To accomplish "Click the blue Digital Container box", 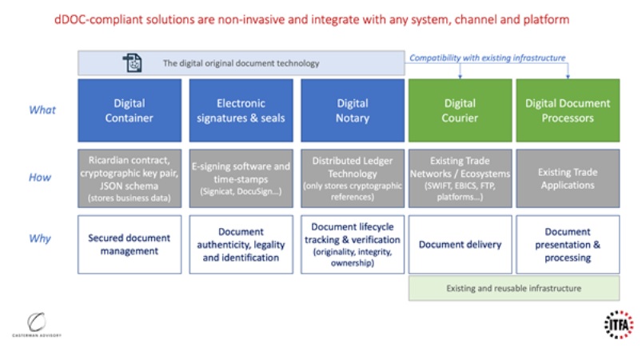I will point(130,110).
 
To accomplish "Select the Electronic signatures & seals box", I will point(241,110).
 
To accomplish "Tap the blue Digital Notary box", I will point(352,110).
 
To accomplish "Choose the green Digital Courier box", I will point(460,110).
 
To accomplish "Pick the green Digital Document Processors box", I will point(567,110).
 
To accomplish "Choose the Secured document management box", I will point(130,244).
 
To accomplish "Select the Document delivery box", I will point(460,244).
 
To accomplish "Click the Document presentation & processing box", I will point(567,244).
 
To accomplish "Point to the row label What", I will point(42,110).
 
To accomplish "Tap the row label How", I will point(40,178).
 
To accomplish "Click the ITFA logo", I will point(616,325).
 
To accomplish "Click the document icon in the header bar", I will point(133,63).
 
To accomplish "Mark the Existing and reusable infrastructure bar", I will point(513,288).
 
